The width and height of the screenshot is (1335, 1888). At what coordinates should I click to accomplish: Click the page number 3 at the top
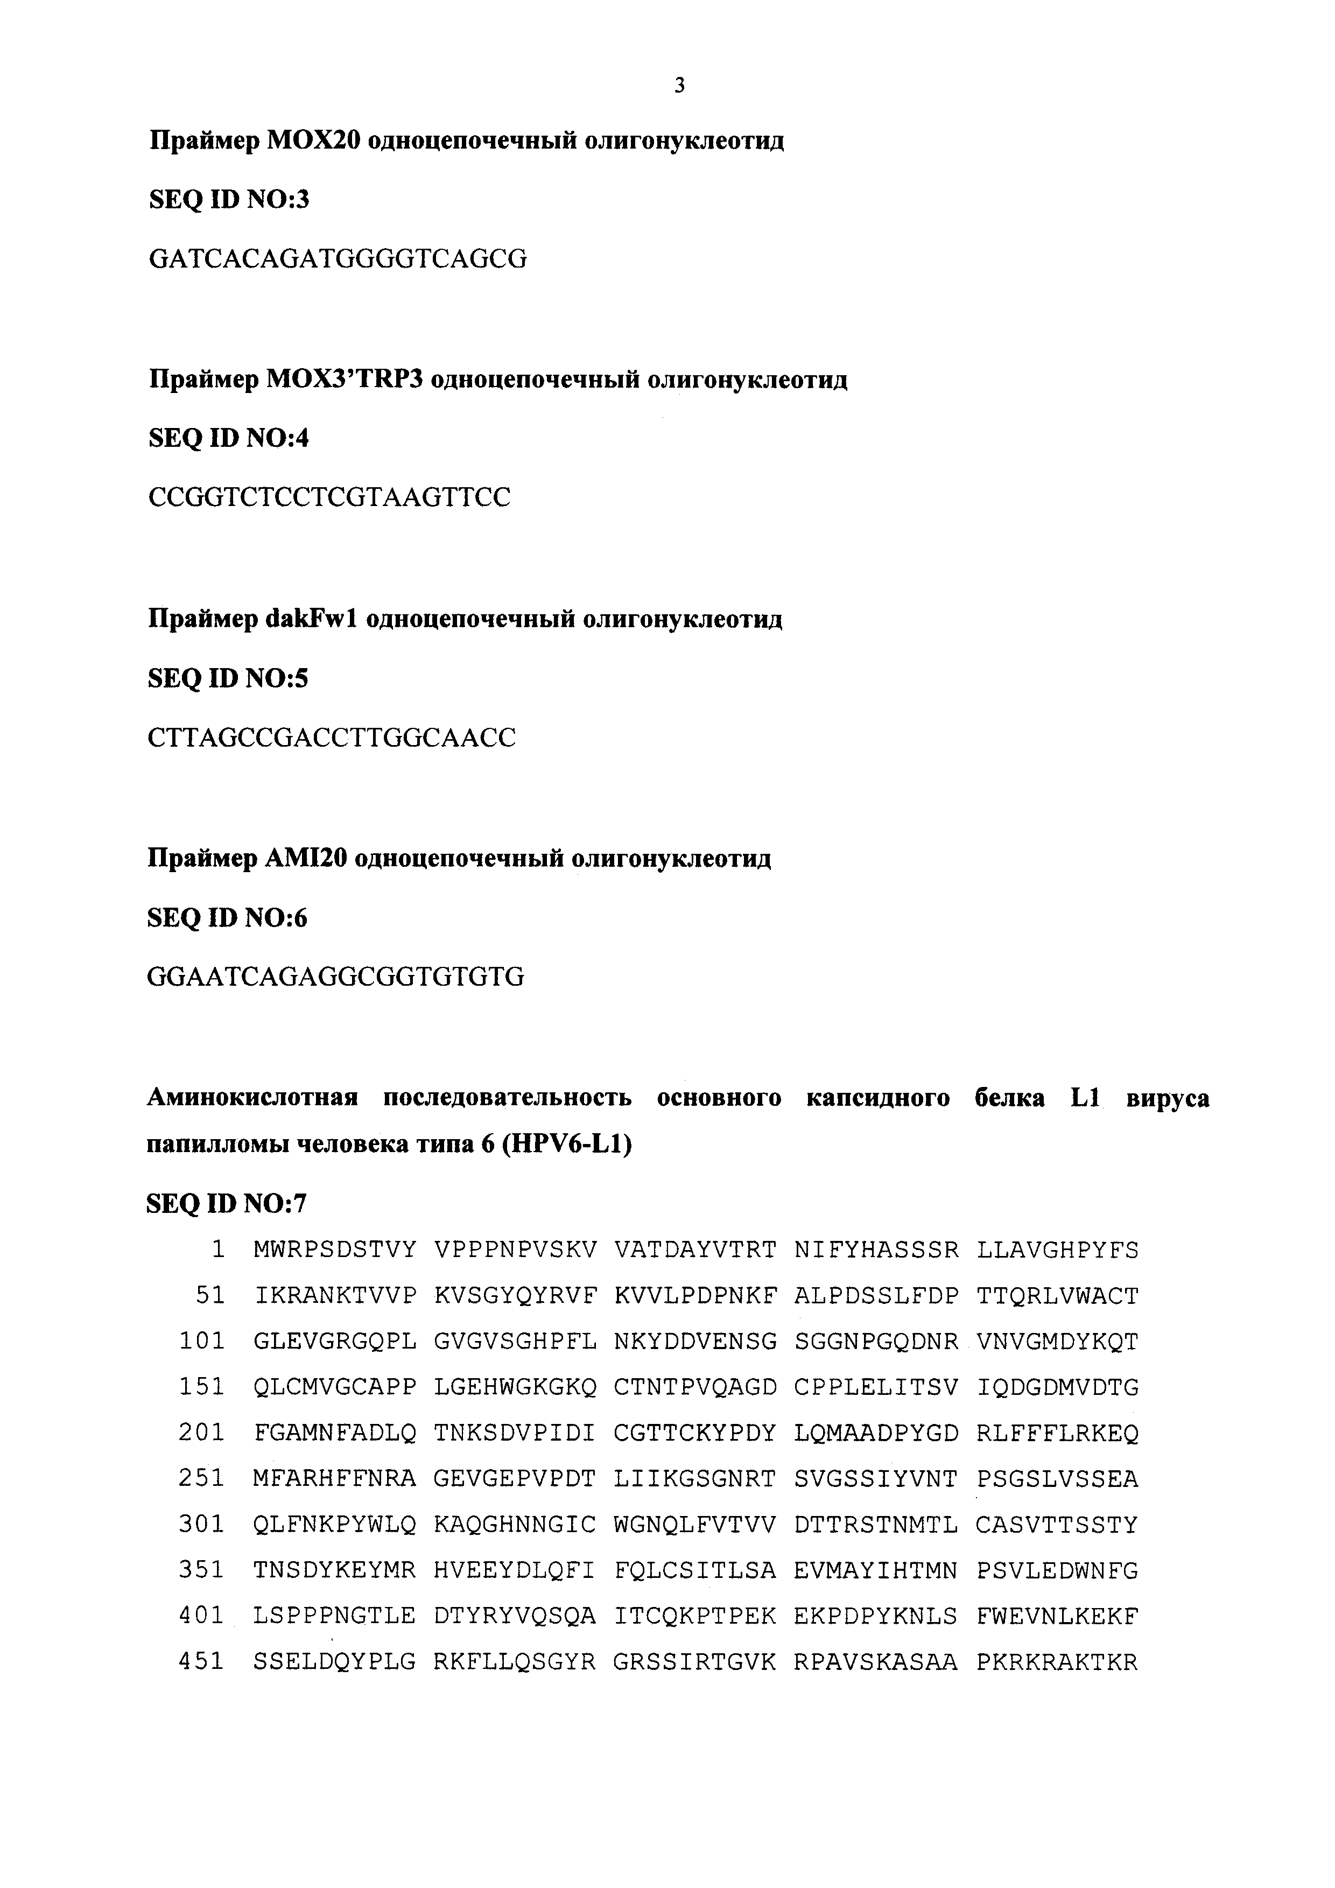tap(679, 86)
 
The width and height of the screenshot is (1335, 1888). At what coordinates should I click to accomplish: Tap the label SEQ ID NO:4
tap(229, 438)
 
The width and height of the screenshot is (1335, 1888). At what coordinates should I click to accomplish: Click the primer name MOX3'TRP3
tap(345, 380)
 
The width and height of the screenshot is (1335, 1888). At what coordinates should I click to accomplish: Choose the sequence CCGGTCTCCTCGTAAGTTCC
tap(329, 497)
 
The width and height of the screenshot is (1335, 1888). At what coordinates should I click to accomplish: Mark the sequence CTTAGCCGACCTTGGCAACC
tap(331, 738)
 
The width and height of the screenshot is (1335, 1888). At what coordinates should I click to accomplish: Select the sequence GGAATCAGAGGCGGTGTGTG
tap(335, 977)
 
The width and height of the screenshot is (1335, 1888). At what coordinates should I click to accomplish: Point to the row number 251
tap(201, 1478)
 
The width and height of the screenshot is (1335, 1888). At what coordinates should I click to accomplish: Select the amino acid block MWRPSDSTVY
tap(335, 1250)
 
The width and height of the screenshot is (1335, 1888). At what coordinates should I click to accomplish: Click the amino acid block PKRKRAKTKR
tap(1057, 1662)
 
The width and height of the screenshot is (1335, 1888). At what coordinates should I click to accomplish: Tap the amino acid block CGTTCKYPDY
tap(694, 1433)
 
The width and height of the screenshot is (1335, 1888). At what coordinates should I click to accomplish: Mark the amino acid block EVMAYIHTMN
tap(875, 1570)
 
